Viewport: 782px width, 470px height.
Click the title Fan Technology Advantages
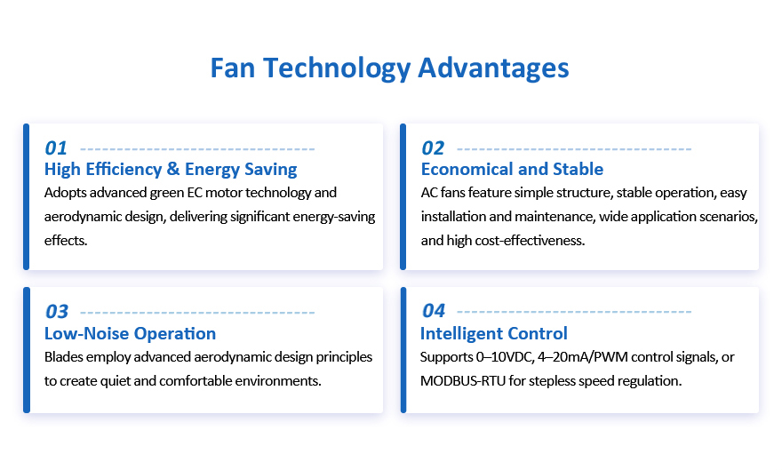point(389,68)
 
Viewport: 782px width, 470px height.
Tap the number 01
point(55,148)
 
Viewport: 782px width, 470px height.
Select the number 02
point(433,148)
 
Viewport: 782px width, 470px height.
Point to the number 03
point(56,312)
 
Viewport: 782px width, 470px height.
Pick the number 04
point(434,311)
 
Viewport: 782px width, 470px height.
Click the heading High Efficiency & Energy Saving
point(171,170)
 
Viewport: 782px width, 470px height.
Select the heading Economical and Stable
point(512,169)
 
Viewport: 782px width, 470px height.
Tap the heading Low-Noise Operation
point(130,333)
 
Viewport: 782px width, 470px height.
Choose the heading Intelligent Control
point(494,333)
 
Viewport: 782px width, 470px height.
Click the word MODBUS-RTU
point(463,381)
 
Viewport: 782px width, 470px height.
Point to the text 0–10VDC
point(504,357)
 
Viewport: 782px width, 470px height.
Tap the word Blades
point(64,357)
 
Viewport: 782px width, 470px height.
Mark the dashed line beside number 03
point(197,313)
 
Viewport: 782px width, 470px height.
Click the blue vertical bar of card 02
point(403,197)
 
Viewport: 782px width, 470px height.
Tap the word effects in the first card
point(65,241)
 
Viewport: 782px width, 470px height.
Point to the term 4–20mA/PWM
point(579,357)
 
